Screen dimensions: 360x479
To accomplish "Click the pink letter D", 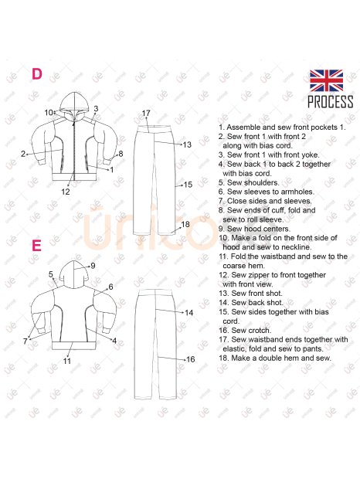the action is point(37,74).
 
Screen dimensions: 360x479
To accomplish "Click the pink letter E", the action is point(36,246).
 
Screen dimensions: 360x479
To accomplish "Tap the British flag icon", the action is point(326,80).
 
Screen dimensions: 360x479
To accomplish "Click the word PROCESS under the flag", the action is point(330,102).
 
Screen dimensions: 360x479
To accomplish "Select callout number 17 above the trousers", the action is point(146,114).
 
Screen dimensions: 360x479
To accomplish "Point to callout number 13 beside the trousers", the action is point(187,144).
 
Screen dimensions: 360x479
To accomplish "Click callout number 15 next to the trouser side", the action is point(188,185).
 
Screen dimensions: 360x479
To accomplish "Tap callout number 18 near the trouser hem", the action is point(185,224).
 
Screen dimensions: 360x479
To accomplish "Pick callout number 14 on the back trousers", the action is point(189,313).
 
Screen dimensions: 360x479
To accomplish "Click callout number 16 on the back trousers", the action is point(191,359).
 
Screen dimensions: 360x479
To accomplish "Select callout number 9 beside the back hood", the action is point(93,266).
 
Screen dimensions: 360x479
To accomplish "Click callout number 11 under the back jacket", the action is point(67,361).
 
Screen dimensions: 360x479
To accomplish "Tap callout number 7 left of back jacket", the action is point(25,341).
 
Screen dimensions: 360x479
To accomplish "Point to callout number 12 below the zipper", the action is point(66,192).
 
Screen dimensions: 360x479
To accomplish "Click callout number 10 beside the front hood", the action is point(49,113).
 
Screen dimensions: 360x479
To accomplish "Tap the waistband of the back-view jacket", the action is point(74,345).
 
